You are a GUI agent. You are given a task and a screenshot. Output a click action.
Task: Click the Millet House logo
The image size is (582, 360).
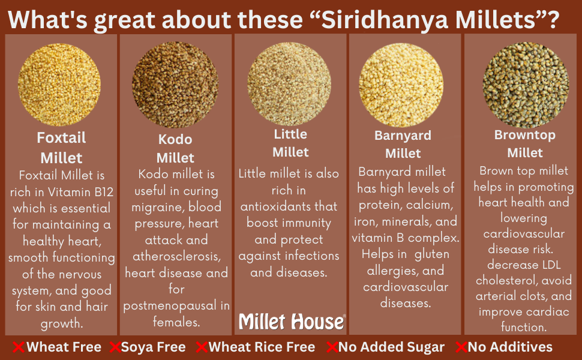(x=292, y=322)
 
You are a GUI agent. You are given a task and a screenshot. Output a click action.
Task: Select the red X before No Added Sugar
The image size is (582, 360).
(x=331, y=347)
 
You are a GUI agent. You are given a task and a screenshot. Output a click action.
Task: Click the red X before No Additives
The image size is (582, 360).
(x=461, y=347)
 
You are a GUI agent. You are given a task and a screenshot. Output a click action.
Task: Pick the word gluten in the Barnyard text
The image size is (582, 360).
(x=432, y=254)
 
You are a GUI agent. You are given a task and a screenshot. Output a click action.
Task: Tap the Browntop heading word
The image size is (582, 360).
(x=524, y=135)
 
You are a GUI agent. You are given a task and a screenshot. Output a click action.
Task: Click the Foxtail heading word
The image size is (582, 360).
(x=61, y=138)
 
